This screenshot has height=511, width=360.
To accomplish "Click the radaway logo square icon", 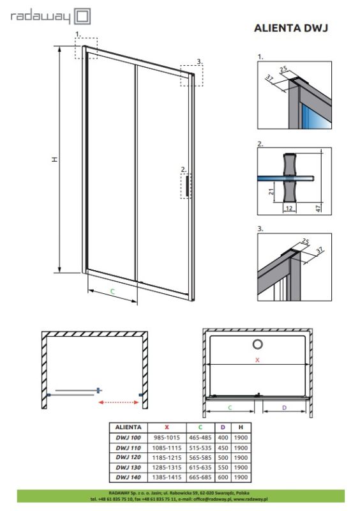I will pyautogui.click(x=84, y=15).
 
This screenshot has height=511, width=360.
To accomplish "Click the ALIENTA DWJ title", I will pyautogui.click(x=291, y=28).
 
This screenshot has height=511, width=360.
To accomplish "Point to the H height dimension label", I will pyautogui.click(x=55, y=159).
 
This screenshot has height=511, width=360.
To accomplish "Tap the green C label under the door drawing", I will pyautogui.click(x=112, y=291).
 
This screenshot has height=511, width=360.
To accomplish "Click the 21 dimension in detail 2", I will pyautogui.click(x=272, y=192).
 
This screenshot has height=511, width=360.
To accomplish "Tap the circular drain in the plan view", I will pyautogui.click(x=257, y=345).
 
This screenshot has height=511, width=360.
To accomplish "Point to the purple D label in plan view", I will pyautogui.click(x=284, y=407).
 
